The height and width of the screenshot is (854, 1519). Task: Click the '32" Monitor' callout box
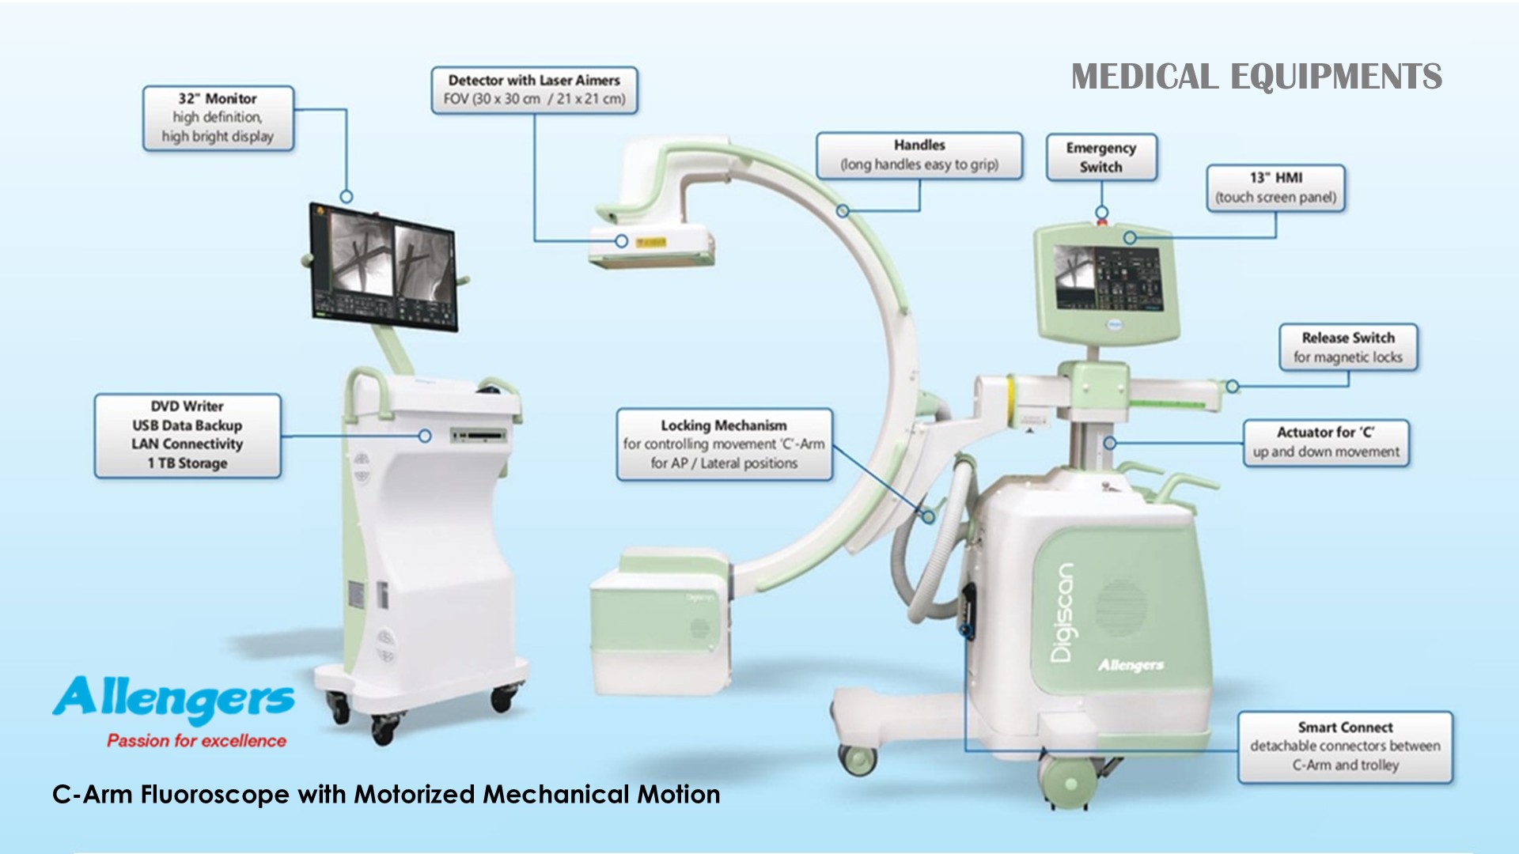tap(218, 118)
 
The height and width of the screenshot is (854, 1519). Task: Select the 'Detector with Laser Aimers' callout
tap(534, 90)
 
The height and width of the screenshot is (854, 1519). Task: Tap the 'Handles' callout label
tap(919, 155)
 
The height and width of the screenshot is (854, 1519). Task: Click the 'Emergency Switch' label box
tap(1100, 157)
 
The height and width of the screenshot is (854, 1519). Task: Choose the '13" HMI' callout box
tap(1275, 187)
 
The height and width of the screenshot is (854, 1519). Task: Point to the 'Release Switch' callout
tap(1348, 347)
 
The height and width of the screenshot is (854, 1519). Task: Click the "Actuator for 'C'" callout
tap(1326, 442)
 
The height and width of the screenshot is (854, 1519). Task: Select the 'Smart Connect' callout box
tap(1345, 746)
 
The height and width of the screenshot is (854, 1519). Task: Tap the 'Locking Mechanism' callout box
tap(724, 444)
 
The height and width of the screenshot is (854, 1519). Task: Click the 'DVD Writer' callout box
tap(188, 435)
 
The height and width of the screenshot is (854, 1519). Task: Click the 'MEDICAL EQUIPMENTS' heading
tap(1256, 77)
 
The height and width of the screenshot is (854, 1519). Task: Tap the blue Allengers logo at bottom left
tap(174, 699)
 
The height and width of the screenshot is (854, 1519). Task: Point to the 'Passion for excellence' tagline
tap(196, 741)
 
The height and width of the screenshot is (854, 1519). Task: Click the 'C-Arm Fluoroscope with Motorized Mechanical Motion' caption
tap(386, 794)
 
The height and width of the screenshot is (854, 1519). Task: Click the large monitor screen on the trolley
tap(384, 266)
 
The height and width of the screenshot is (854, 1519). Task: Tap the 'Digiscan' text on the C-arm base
tap(1063, 613)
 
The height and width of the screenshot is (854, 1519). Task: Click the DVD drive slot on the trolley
tap(478, 435)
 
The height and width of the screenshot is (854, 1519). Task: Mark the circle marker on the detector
tap(622, 240)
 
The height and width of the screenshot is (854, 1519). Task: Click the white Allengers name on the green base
tap(1131, 665)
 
